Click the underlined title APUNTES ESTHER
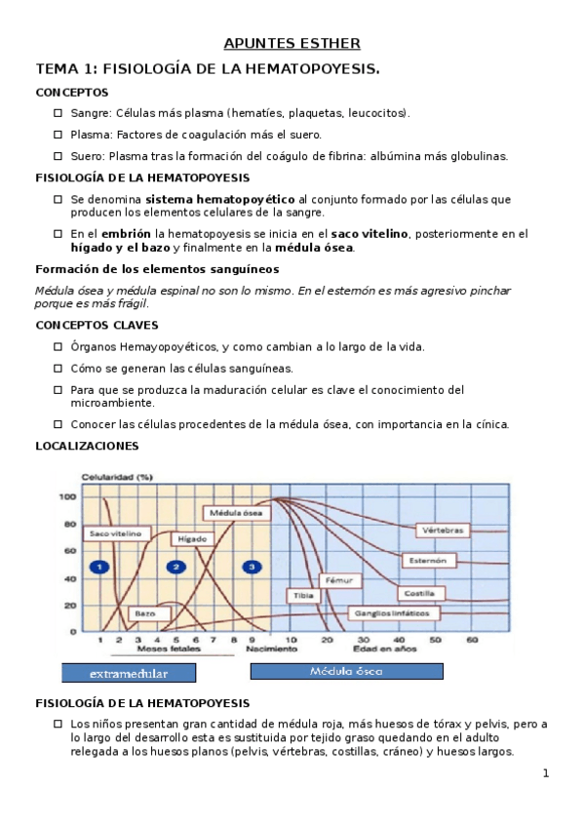pyautogui.click(x=292, y=43)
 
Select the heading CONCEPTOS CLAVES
pyautogui.click(x=97, y=325)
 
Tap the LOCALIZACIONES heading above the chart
pyautogui.click(x=87, y=446)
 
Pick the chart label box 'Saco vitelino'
pyautogui.click(x=116, y=533)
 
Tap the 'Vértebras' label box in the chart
pyautogui.click(x=444, y=531)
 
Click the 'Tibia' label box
pyautogui.click(x=301, y=595)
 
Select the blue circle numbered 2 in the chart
pyautogui.click(x=175, y=567)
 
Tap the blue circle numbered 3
pyautogui.click(x=252, y=567)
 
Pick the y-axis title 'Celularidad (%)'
pyautogui.click(x=116, y=477)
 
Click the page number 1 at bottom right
pyautogui.click(x=546, y=774)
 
